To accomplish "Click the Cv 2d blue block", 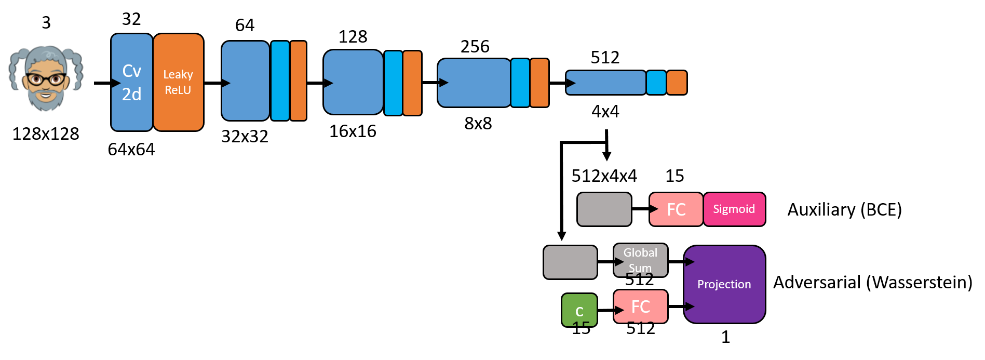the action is [x=132, y=82].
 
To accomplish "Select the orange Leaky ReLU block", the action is [x=178, y=82].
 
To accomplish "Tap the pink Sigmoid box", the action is [x=734, y=209].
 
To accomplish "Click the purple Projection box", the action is [x=724, y=284].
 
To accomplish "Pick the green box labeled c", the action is [x=579, y=310].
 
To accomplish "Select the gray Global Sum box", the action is [x=640, y=260].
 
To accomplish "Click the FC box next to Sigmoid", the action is [x=676, y=209].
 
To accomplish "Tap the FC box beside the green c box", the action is [x=641, y=306].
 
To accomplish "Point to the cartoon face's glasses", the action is [x=46, y=79].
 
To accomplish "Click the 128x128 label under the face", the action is [x=46, y=134].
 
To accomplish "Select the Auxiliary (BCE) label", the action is [x=845, y=209].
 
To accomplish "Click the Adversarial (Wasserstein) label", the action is [x=873, y=282].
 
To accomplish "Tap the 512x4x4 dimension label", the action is [x=604, y=176].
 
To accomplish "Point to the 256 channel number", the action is [x=475, y=47].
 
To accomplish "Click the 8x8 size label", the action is [x=478, y=124].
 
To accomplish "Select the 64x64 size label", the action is [x=131, y=150].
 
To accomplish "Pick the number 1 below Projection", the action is [x=726, y=337].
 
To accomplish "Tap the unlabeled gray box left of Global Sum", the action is [x=570, y=262].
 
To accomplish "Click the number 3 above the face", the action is [x=46, y=23].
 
